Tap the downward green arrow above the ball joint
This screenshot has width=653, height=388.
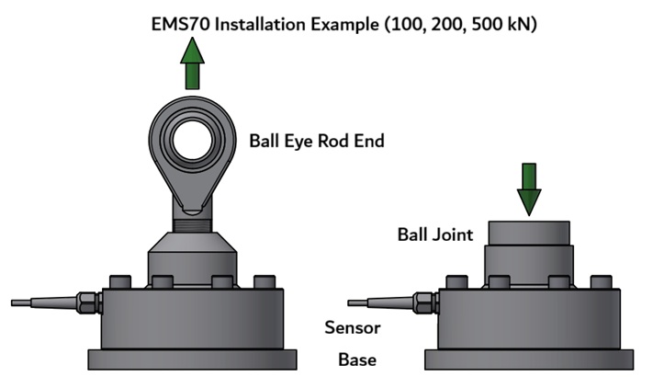pos(529,188)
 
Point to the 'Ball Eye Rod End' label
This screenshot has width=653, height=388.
pos(316,142)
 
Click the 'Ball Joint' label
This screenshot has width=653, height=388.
pos(434,234)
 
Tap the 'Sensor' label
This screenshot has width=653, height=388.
pos(353,327)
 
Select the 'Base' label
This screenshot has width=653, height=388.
pos(357,359)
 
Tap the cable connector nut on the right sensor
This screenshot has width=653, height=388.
pos(423,301)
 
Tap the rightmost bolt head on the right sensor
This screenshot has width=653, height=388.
pos(601,281)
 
